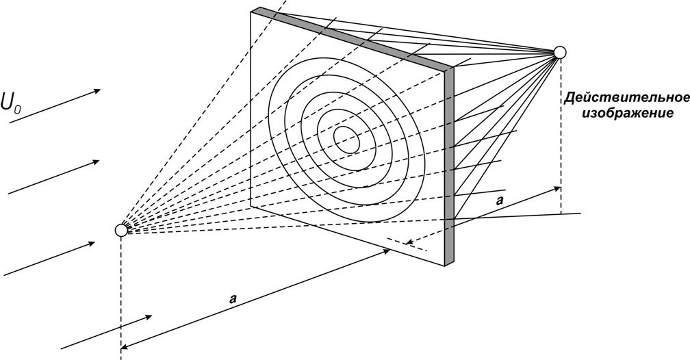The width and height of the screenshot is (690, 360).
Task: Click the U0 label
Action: [10, 102]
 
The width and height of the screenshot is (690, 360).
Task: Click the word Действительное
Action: [627, 97]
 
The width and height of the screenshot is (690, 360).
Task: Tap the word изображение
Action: [628, 113]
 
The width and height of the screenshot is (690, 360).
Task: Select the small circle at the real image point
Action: [560, 53]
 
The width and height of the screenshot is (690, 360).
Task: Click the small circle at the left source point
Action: [121, 230]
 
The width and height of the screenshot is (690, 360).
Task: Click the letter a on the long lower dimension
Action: [233, 299]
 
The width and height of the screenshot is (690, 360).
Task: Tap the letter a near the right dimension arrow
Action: [500, 201]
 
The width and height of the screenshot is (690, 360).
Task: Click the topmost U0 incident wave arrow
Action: [55, 105]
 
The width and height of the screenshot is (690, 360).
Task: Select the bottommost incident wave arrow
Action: [107, 332]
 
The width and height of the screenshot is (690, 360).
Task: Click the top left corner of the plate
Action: [251, 12]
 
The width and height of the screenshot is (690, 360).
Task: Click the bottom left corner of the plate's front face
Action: [251, 206]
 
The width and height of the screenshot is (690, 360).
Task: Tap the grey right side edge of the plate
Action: [449, 166]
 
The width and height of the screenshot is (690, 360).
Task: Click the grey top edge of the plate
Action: [352, 38]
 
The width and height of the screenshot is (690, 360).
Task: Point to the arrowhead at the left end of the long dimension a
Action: [124, 347]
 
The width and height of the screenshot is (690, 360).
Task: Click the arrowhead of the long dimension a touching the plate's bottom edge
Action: [386, 251]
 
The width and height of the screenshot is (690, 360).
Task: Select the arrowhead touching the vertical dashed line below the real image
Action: [557, 188]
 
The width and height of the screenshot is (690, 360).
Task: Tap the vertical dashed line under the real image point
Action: [561, 136]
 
